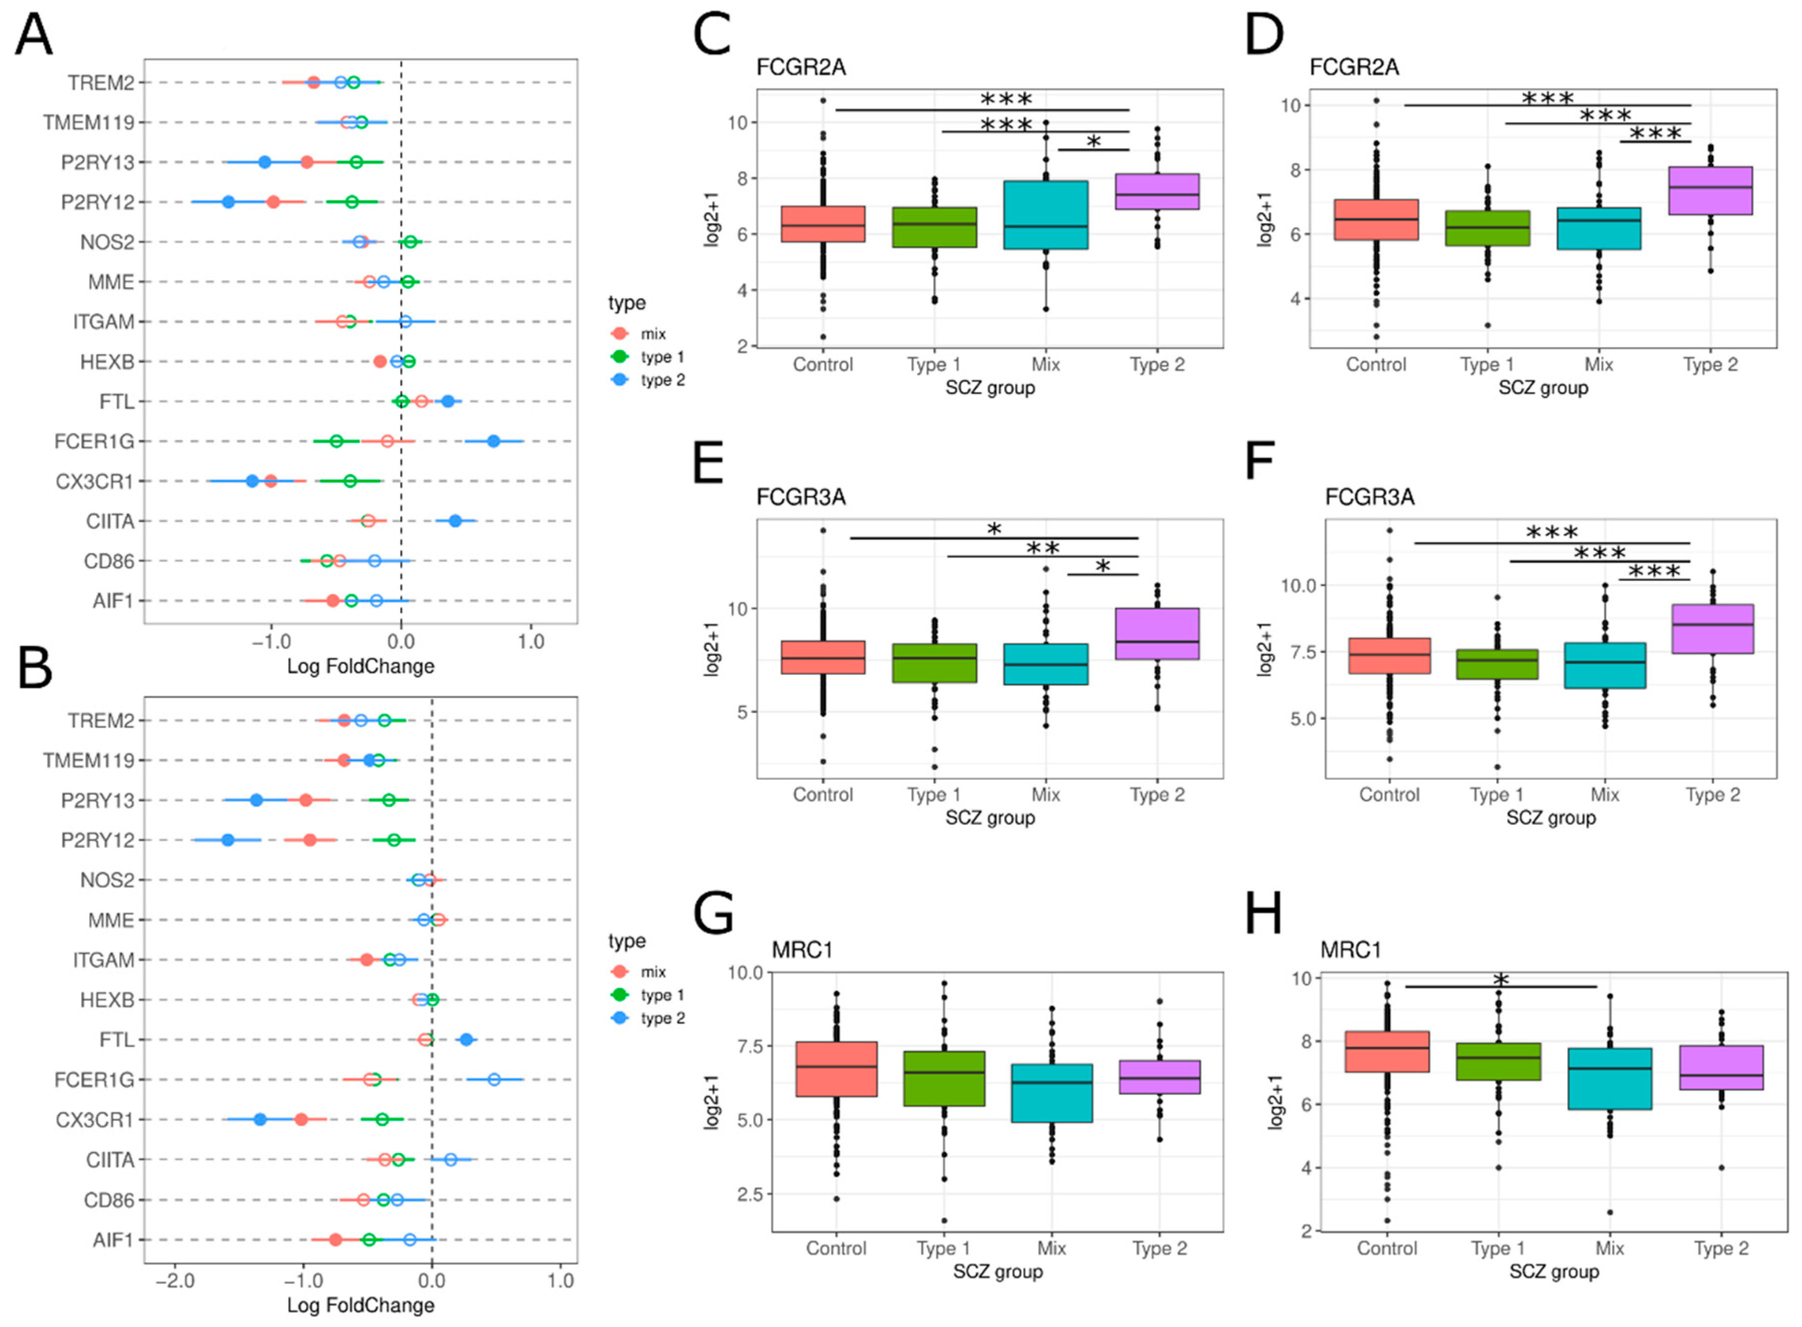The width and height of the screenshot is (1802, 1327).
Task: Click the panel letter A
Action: click(x=33, y=35)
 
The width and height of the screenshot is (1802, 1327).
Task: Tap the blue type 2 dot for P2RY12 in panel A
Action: click(x=228, y=201)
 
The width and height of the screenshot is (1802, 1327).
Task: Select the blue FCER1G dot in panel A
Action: click(x=493, y=441)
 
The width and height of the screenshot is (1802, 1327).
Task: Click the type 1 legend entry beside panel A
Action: click(x=661, y=357)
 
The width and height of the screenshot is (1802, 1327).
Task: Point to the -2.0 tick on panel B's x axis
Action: click(x=174, y=1280)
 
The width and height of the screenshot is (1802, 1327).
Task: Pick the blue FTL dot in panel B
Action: click(x=465, y=1040)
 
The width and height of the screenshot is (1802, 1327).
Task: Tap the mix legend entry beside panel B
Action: click(x=652, y=972)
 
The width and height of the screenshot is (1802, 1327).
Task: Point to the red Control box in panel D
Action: click(x=1375, y=219)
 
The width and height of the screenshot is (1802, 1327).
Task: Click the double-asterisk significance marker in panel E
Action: click(x=1043, y=549)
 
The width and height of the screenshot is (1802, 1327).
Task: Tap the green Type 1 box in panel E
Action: click(x=934, y=663)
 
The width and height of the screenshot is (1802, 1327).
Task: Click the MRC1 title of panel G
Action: click(x=802, y=950)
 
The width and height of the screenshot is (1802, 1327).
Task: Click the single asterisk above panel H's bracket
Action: click(x=1500, y=979)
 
